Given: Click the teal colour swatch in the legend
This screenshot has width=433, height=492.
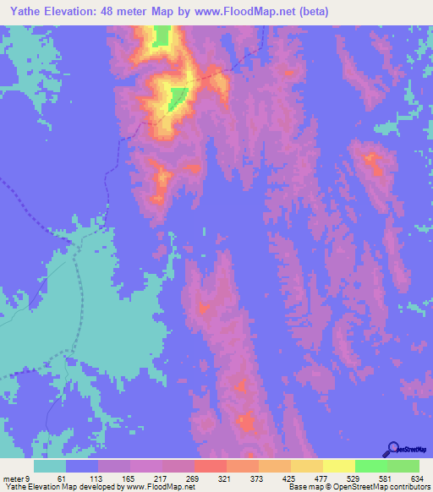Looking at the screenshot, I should click(50, 466).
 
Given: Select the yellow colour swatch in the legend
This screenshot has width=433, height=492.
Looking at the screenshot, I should click(338, 466).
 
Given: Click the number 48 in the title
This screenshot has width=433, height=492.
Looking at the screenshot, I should click(125, 12).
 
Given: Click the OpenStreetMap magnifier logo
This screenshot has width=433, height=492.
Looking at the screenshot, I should click(393, 449).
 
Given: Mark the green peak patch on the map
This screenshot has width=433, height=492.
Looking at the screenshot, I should click(177, 98).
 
